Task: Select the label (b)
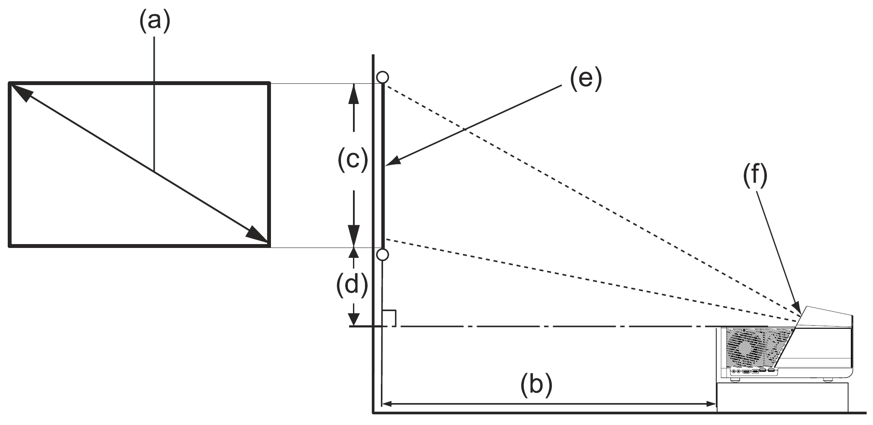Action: point(536,385)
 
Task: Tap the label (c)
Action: point(353,160)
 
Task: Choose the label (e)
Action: point(586,80)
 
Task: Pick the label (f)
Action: point(755,177)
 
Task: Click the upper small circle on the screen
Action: point(382,77)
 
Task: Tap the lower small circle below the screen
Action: point(382,255)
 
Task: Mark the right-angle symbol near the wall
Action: point(389,318)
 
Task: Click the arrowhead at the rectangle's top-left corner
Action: point(19,92)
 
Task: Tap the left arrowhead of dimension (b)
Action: point(387,404)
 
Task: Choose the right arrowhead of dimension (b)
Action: point(711,404)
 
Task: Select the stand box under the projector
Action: point(782,397)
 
